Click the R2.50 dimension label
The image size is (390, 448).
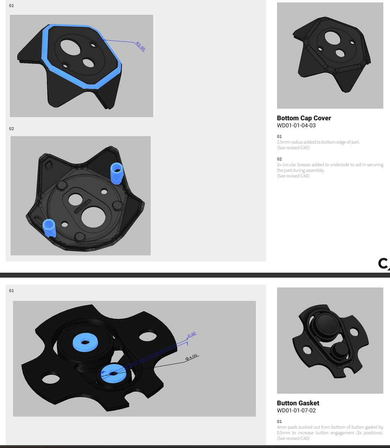(x=140, y=46)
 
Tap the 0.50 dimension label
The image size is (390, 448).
(x=192, y=334)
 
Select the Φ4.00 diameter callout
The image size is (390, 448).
(x=191, y=357)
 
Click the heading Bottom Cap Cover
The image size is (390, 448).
(x=304, y=118)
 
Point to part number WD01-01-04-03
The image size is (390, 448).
(x=296, y=126)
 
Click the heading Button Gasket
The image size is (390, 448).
(x=298, y=403)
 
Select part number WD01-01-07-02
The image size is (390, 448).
(x=296, y=411)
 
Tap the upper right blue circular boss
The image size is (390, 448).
(x=117, y=174)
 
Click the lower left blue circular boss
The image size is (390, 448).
(x=49, y=228)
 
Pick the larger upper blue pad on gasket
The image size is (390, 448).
(x=85, y=343)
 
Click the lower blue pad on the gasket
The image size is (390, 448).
(x=114, y=374)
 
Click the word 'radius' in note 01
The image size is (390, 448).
(x=297, y=142)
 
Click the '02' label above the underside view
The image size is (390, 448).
(x=11, y=129)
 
